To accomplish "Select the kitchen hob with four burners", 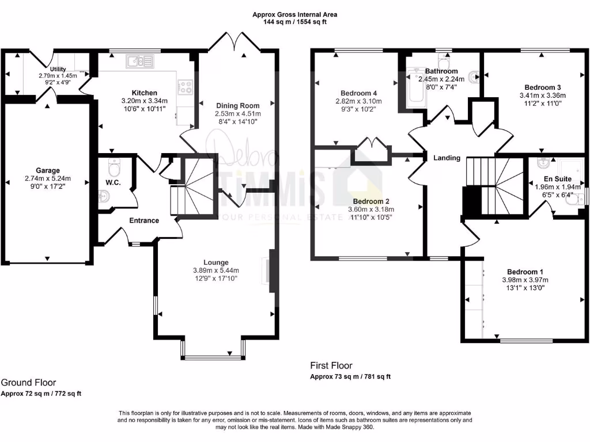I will [x=186, y=87].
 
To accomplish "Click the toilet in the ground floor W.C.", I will [x=114, y=168].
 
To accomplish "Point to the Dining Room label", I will [x=237, y=105].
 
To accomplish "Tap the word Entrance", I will [x=143, y=220].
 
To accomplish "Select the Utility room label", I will [x=58, y=69].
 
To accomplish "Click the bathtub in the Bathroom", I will [x=415, y=87].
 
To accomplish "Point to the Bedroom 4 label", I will [x=358, y=93].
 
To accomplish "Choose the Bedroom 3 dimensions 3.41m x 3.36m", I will [x=542, y=96].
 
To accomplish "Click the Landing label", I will [x=447, y=158].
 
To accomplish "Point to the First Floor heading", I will [x=331, y=365].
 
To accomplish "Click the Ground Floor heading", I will [x=28, y=382].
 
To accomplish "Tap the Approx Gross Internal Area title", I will [x=294, y=14].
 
